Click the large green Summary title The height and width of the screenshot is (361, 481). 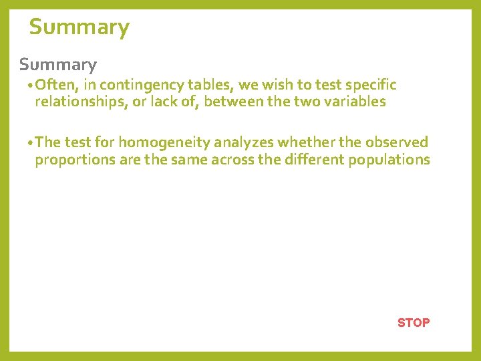pyautogui.click(x=79, y=27)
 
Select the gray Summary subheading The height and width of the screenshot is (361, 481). pyautogui.click(x=58, y=65)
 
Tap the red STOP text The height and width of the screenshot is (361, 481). pyautogui.click(x=414, y=322)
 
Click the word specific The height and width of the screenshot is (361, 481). pyautogui.click(x=371, y=85)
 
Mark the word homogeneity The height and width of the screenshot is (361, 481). pyautogui.click(x=164, y=142)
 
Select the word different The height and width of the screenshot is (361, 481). pyautogui.click(x=321, y=160)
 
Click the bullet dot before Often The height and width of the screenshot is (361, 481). pyautogui.click(x=31, y=86)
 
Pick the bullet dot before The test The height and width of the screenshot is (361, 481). pyautogui.click(x=31, y=143)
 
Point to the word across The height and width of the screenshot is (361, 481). pyautogui.click(x=263, y=160)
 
